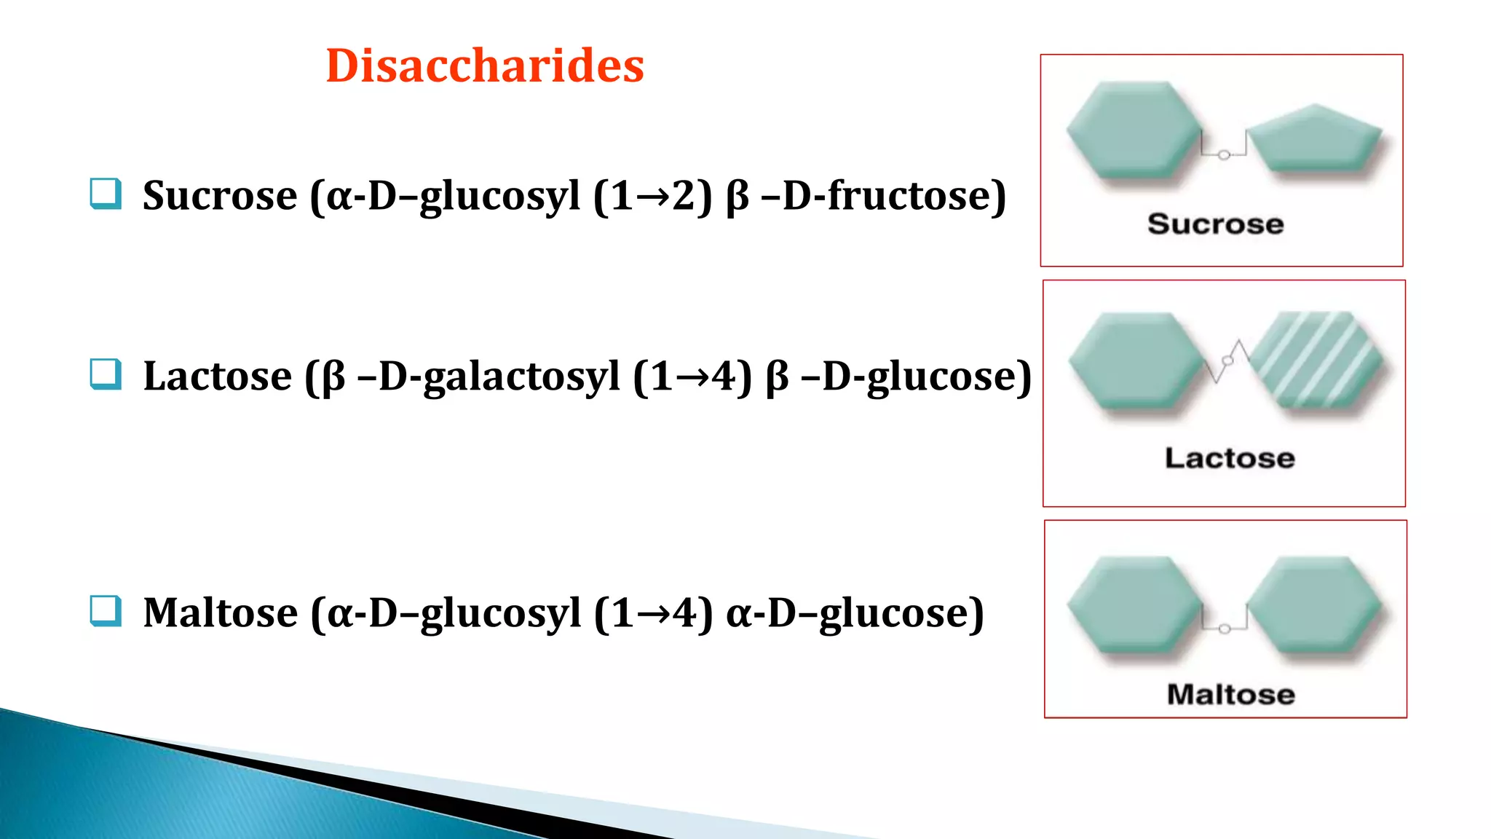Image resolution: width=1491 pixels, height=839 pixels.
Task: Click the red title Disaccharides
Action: tap(485, 66)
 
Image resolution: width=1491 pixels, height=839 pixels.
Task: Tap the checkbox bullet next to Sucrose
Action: tap(106, 194)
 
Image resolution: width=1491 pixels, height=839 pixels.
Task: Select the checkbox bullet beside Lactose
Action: tap(106, 374)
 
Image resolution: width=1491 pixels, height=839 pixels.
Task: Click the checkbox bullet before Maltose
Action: tap(106, 610)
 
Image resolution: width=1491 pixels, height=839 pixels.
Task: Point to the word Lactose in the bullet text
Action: tap(217, 376)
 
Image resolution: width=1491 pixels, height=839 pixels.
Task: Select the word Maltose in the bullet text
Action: tap(220, 612)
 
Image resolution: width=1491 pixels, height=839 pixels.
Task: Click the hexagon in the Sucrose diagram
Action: tap(1133, 129)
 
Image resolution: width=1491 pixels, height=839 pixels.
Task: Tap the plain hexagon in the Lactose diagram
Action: tap(1136, 360)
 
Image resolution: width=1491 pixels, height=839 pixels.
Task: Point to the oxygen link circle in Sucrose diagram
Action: tap(1224, 155)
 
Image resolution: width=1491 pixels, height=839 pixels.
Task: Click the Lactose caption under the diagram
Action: tap(1230, 458)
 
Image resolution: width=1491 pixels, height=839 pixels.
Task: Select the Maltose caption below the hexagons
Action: tap(1231, 694)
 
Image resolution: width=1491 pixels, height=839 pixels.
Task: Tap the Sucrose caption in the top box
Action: tap(1215, 224)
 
